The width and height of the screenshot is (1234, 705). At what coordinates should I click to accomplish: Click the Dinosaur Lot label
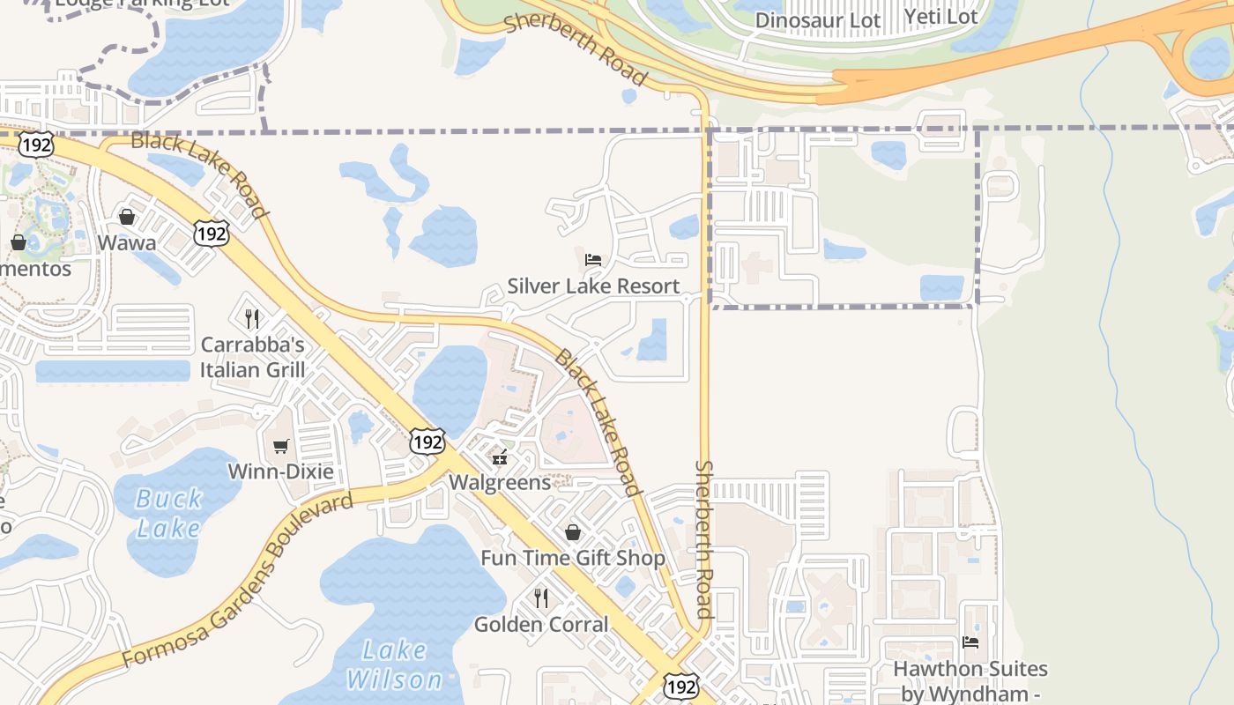tap(818, 19)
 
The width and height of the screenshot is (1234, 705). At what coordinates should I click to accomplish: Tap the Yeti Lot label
tap(940, 17)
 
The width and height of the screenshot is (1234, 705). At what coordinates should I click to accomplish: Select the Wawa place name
tap(127, 242)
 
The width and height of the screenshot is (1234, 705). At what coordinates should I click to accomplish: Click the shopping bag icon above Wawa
tap(127, 217)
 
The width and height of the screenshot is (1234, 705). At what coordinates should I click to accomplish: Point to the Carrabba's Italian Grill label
tap(252, 357)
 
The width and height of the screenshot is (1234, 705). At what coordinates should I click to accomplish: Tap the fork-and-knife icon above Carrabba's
tap(252, 318)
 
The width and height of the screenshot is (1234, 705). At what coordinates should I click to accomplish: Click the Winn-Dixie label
tap(280, 471)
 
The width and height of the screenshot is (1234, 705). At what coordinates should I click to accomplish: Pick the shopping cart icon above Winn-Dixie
tap(280, 446)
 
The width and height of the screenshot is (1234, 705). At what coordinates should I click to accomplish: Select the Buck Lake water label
tap(168, 514)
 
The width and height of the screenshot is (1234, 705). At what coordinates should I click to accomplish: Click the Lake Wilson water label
tap(394, 665)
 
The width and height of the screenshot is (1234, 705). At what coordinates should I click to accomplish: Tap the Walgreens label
tap(500, 482)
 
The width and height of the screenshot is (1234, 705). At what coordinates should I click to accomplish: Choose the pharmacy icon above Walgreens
tap(500, 456)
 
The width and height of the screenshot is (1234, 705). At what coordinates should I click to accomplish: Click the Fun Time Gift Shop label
tap(573, 558)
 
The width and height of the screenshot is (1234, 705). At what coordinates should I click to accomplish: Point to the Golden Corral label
tap(541, 624)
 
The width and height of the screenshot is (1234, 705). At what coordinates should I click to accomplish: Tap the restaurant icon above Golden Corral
tap(541, 598)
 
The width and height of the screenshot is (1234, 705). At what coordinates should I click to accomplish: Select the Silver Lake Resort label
tap(593, 286)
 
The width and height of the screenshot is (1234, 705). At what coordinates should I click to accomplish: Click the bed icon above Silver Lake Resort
tap(593, 260)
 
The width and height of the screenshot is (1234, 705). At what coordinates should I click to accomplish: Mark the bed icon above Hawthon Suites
tap(970, 642)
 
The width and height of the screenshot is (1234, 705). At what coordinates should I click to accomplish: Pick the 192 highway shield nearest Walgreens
tap(427, 442)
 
